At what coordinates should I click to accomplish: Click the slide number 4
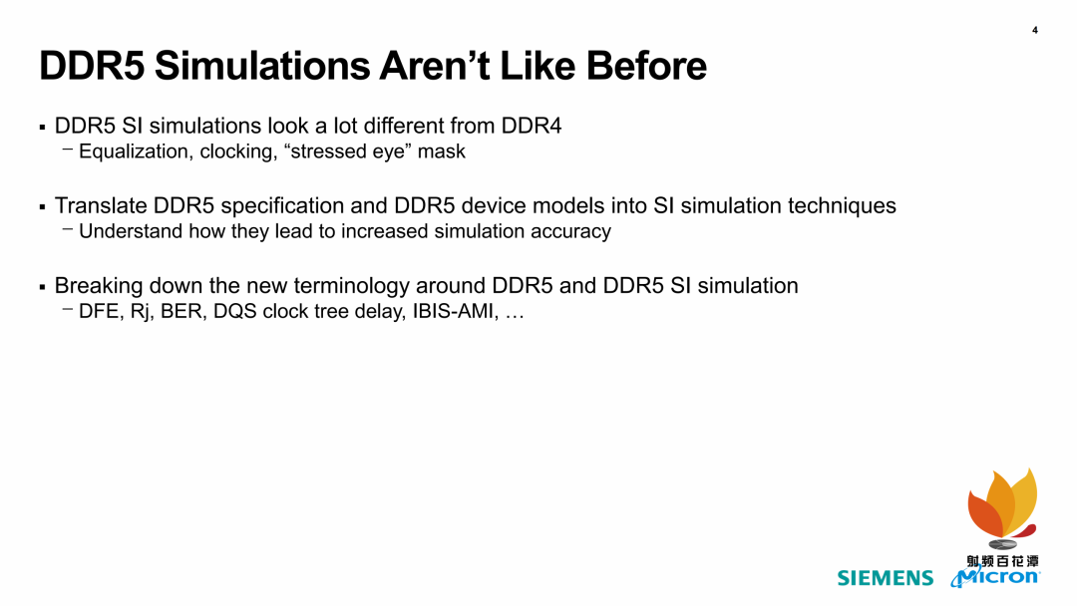coord(1034,30)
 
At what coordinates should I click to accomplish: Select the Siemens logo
coord(886,578)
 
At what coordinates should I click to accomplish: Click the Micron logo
coord(995,576)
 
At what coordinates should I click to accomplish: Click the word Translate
coord(101,206)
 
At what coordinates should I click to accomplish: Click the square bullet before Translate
coord(43,206)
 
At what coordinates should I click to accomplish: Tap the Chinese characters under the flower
coord(1003,560)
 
